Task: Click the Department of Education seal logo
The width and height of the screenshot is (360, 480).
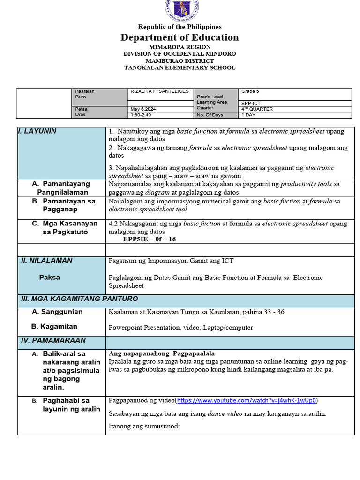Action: (180, 9)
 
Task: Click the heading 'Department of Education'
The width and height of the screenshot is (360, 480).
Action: (180, 37)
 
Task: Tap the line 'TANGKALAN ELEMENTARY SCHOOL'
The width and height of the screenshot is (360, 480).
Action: (180, 67)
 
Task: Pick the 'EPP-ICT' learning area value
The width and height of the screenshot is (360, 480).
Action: (251, 104)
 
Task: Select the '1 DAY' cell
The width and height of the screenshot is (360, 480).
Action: (248, 115)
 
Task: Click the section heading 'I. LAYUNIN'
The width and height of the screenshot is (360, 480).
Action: (37, 131)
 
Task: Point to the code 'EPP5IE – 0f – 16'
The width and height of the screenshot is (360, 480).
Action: (150, 239)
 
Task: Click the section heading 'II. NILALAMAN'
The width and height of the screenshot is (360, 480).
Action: (46, 260)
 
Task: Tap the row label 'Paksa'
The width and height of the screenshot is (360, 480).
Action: (49, 277)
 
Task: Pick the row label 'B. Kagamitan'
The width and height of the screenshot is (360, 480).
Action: (54, 326)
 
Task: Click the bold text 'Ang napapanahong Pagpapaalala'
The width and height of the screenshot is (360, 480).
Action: (161, 353)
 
